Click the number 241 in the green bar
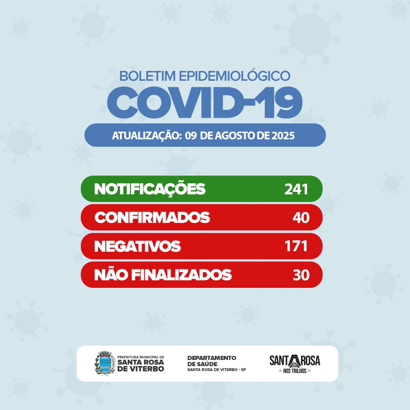click(x=296, y=189)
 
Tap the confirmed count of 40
click(x=301, y=218)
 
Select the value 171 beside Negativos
click(x=296, y=246)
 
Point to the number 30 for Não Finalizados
click(x=301, y=275)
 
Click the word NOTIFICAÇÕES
click(x=150, y=189)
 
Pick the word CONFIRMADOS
click(x=152, y=218)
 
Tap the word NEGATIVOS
click(x=137, y=246)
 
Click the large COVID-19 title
click(x=205, y=102)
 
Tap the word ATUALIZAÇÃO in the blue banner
click(x=146, y=136)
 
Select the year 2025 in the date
click(x=283, y=136)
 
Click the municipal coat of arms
click(x=103, y=363)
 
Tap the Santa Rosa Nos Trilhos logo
click(x=294, y=364)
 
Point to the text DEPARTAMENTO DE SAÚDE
click(x=212, y=361)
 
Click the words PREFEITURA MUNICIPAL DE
click(x=141, y=357)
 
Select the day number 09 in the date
click(x=191, y=136)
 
